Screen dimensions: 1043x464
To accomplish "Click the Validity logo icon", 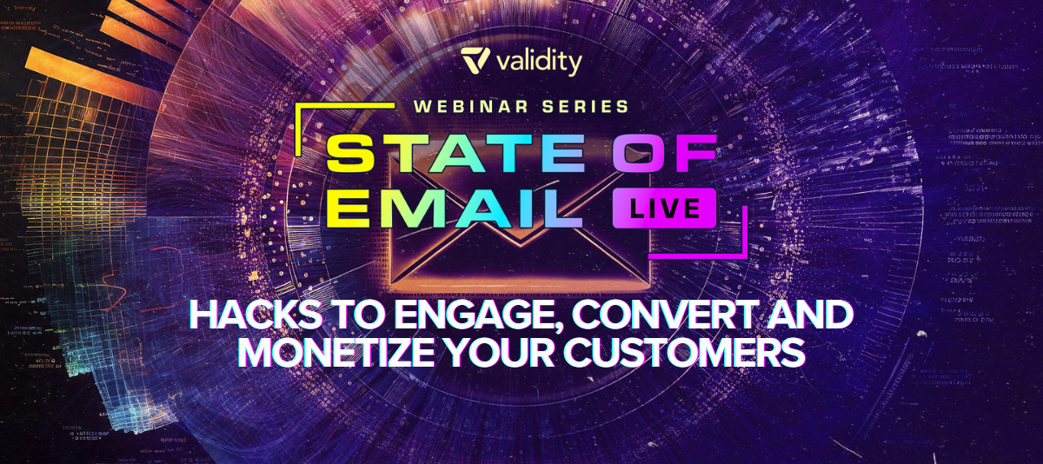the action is pyautogui.click(x=475, y=60).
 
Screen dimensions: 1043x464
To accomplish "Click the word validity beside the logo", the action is pyautogui.click(x=539, y=63).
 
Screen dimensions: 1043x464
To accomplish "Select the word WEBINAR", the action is pyautogui.click(x=470, y=107).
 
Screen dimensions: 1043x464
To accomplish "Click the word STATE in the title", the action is pyautogui.click(x=455, y=154).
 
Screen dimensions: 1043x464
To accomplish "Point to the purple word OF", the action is pyautogui.click(x=664, y=154).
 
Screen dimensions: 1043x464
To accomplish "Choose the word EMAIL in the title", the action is pyautogui.click(x=455, y=208).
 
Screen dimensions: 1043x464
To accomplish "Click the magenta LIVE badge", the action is pyautogui.click(x=664, y=208).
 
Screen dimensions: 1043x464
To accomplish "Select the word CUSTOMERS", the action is pyautogui.click(x=685, y=351).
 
